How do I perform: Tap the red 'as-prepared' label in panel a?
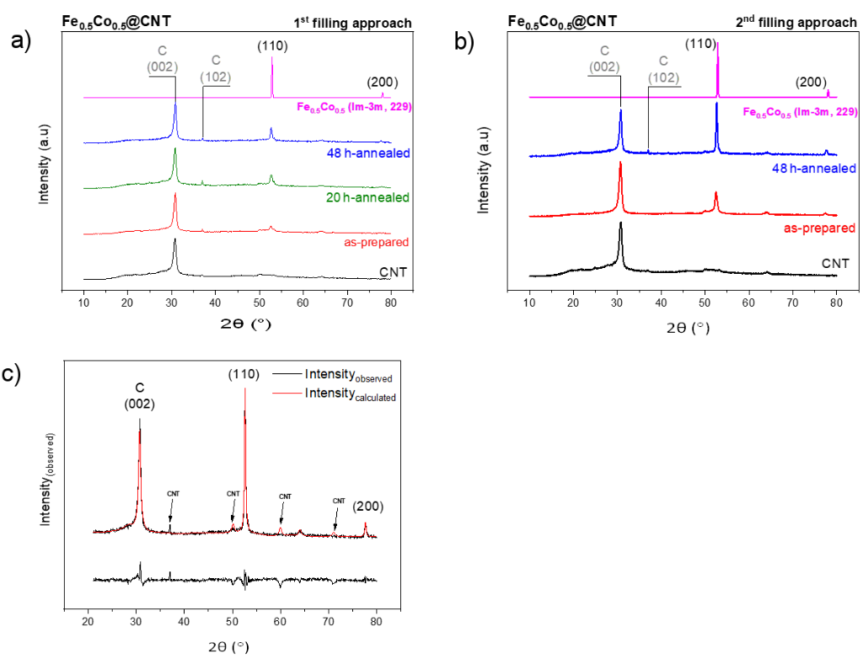click(x=378, y=242)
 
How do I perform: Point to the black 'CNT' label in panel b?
click(x=835, y=263)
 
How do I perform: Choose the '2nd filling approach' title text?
click(x=803, y=23)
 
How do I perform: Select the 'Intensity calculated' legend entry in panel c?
click(x=350, y=394)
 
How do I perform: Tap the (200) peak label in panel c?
click(x=368, y=506)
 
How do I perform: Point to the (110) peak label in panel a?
click(x=272, y=47)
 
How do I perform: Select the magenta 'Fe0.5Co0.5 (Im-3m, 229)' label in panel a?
click(x=354, y=106)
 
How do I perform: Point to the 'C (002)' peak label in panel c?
click(x=139, y=396)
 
